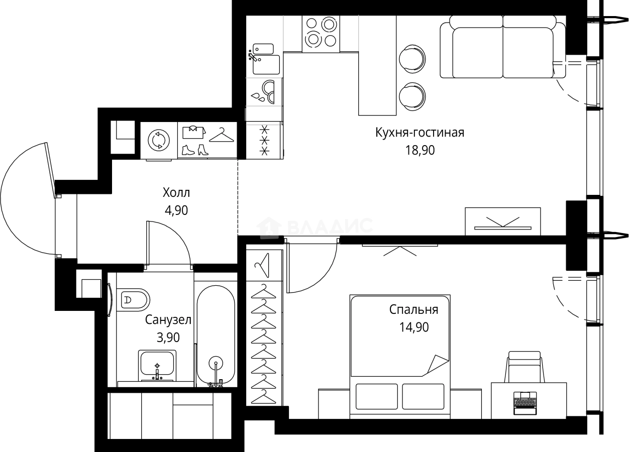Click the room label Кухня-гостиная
419,133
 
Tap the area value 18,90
419,150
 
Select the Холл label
176,193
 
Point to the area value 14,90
414,327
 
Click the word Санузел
168,320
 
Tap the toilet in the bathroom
133,300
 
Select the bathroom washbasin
157,366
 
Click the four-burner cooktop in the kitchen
321,34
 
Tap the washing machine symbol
159,140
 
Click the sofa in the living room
503,47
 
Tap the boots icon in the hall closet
195,150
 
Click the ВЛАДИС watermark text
331,227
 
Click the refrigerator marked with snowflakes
264,140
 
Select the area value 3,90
168,337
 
